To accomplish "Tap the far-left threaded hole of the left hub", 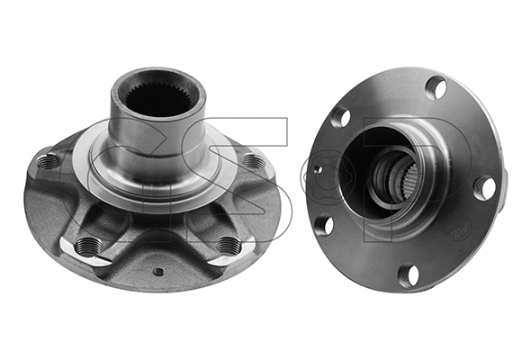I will tap(48, 162).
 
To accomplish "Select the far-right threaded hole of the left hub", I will tap(255, 163).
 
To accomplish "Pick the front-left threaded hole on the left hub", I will tap(87, 245).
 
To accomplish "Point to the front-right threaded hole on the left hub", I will tap(229, 244).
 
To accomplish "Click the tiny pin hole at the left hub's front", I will tap(158, 271).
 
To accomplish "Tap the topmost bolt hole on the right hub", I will tap(436, 88).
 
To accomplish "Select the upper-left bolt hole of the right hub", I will tap(340, 117).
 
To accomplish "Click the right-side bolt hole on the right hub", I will tap(484, 187).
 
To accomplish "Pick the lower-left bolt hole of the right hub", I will tap(325, 225).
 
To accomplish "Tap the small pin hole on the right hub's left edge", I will tap(317, 170).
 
